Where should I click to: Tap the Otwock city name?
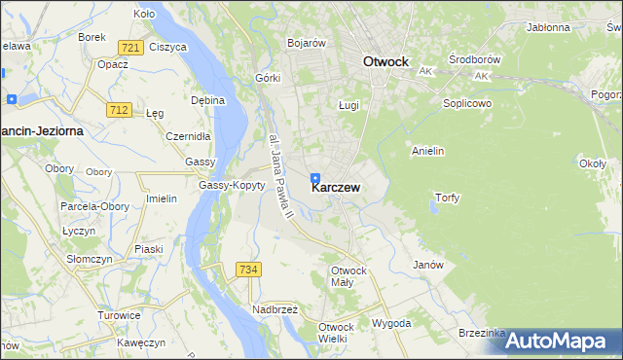(385, 61)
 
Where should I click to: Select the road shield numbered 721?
(129, 47)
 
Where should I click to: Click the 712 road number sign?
(120, 110)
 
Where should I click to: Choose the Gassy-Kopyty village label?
(232, 185)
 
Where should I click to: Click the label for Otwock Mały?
(348, 276)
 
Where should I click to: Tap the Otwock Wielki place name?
(340, 332)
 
